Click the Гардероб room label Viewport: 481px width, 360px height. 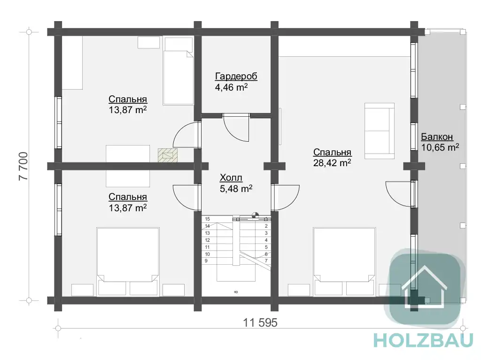[236, 76]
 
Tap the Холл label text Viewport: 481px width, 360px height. [231, 177]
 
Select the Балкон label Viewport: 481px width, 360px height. [437, 137]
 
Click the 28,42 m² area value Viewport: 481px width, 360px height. [332, 162]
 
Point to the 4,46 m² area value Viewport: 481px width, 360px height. [231, 87]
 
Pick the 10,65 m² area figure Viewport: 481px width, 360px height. [440, 147]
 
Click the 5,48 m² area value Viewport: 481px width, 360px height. [236, 188]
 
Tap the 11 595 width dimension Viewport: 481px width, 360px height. [260, 322]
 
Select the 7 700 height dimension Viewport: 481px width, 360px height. [23, 166]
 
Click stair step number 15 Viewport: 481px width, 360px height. [207, 219]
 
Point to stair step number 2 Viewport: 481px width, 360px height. [266, 226]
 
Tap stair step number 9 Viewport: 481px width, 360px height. [206, 260]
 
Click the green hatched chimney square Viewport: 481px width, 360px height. [168, 155]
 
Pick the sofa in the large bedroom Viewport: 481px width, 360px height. [380, 131]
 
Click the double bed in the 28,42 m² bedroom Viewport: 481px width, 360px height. [344, 261]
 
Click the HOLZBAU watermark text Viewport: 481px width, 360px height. [424, 340]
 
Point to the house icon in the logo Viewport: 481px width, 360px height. [424, 286]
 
